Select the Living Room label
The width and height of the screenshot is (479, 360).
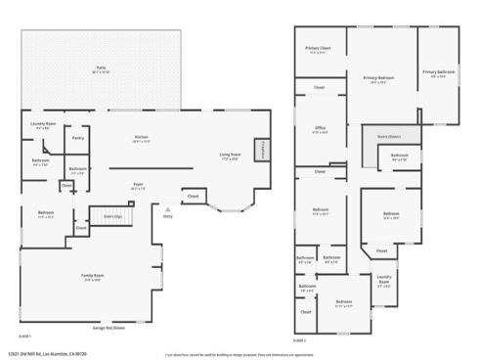230,156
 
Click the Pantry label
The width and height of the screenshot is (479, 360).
78,138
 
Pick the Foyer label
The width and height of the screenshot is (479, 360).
139,184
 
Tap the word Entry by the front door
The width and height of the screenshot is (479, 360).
168,218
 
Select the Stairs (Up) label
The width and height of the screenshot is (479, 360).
112,215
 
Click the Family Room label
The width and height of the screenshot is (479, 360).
92,278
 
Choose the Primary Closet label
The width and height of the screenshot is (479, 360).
318,49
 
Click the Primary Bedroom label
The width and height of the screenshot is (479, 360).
378,78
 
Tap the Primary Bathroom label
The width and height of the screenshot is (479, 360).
439,73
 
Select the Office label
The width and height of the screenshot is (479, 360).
320,129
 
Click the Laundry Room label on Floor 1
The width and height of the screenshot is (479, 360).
42,125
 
